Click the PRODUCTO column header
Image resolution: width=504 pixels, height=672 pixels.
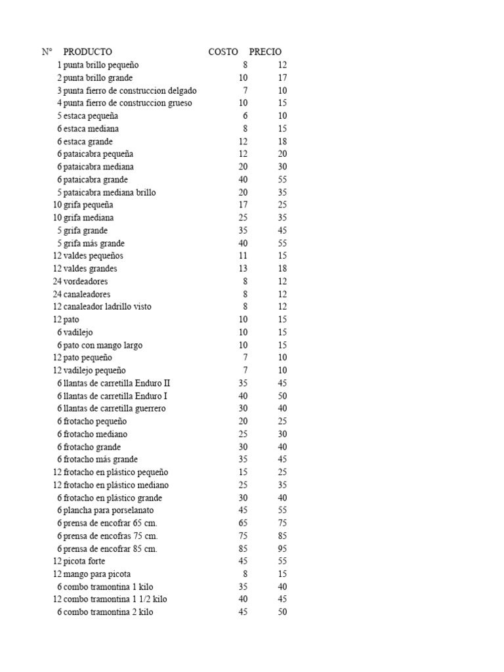pyautogui.click(x=87, y=52)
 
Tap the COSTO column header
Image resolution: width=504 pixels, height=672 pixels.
pyautogui.click(x=223, y=52)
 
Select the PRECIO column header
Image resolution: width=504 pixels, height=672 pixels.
pyautogui.click(x=265, y=52)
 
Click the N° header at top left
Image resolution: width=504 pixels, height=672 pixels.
pyautogui.click(x=47, y=52)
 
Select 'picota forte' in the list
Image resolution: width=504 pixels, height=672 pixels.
pyautogui.click(x=84, y=561)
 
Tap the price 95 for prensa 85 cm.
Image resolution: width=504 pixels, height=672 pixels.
pyautogui.click(x=282, y=549)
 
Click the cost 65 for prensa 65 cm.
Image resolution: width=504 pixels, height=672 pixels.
pyautogui.click(x=243, y=523)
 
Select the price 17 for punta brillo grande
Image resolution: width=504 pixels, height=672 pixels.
pyautogui.click(x=282, y=77)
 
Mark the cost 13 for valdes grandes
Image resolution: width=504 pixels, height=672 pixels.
pyautogui.click(x=243, y=268)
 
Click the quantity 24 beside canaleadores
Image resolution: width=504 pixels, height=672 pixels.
pyautogui.click(x=57, y=294)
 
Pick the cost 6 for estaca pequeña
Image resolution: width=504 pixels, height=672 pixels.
pyautogui.click(x=245, y=115)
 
